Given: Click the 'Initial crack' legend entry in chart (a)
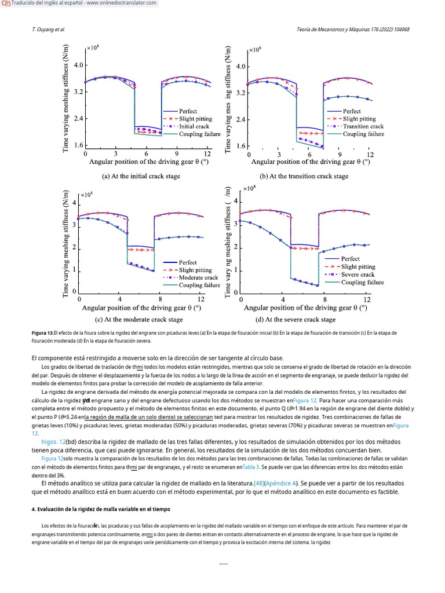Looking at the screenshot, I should click(194, 126).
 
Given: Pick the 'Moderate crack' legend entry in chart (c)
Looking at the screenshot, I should click(198, 277).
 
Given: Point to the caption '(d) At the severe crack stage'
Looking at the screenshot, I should click(296, 319).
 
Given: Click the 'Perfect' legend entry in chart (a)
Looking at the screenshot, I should click(188, 111).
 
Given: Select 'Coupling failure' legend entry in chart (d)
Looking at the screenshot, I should click(362, 282).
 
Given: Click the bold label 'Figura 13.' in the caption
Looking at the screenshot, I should click(42, 334).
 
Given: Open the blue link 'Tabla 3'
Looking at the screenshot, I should click(251, 466).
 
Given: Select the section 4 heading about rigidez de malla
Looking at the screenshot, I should click(101, 509).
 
